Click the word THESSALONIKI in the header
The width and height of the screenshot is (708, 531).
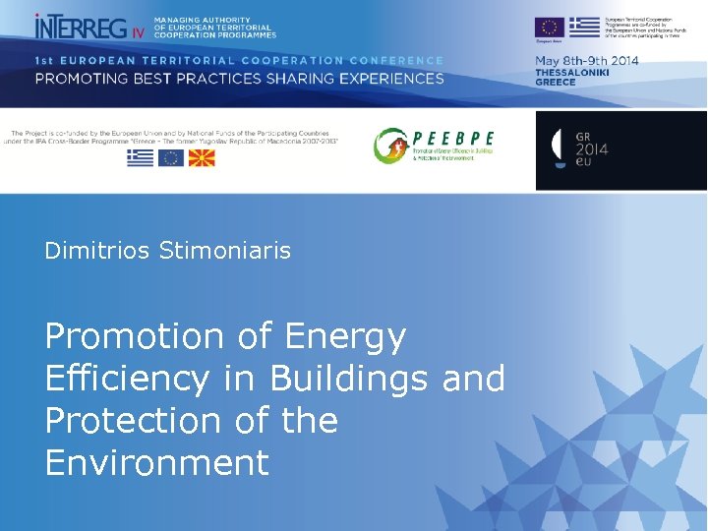tap(572, 72)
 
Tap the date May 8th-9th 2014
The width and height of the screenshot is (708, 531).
tap(586, 60)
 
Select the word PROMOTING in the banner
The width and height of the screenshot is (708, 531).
tap(85, 79)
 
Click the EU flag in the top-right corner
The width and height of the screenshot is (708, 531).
tap(549, 27)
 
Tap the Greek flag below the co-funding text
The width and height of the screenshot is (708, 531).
tap(140, 157)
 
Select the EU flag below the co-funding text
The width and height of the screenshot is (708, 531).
tap(171, 157)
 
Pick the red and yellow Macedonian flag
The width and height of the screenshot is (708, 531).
tap(202, 157)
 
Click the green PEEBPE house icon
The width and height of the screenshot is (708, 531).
tap(389, 147)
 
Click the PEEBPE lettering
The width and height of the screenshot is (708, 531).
tap(453, 138)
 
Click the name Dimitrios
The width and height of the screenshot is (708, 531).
tap(94, 251)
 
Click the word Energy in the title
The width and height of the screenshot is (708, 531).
tap(345, 336)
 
